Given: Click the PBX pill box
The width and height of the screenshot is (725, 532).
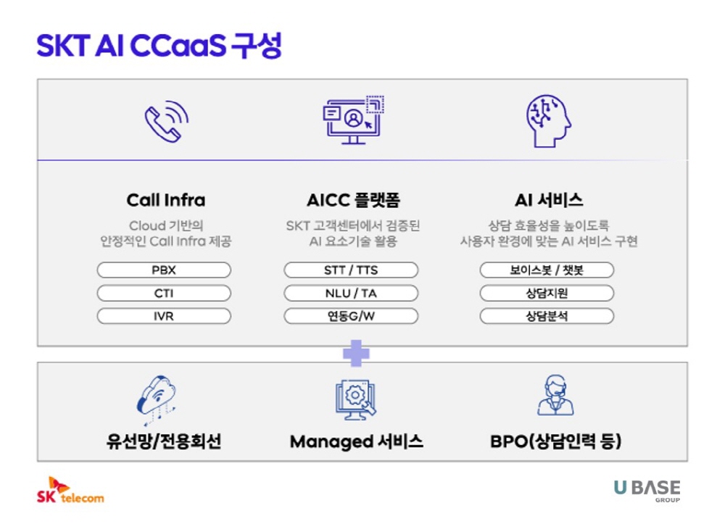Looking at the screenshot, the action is pyautogui.click(x=164, y=270).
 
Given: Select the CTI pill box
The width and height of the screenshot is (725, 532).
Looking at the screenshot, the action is pyautogui.click(x=164, y=293).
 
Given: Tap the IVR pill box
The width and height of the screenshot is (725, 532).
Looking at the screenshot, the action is pyautogui.click(x=164, y=316).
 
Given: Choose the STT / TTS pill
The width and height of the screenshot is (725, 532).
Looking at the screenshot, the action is pyautogui.click(x=351, y=270).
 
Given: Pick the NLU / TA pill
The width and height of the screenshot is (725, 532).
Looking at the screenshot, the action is pyautogui.click(x=351, y=293).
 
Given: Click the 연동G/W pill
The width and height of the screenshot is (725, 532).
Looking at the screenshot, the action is pyautogui.click(x=351, y=316).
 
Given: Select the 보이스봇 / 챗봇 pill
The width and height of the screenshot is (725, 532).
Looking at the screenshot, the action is pyautogui.click(x=547, y=270).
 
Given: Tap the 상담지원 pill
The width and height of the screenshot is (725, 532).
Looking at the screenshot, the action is pyautogui.click(x=547, y=293).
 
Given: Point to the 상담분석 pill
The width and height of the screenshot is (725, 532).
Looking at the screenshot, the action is pyautogui.click(x=547, y=316).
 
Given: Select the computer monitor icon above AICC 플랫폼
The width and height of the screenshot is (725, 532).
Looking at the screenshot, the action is pyautogui.click(x=353, y=120).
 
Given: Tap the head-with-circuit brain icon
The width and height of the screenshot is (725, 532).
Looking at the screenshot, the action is pyautogui.click(x=548, y=121).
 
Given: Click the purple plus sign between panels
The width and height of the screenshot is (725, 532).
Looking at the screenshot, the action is pyautogui.click(x=356, y=353).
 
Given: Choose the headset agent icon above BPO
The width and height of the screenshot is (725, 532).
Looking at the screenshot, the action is pyautogui.click(x=555, y=395).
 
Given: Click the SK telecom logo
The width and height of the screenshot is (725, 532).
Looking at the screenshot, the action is pyautogui.click(x=70, y=491).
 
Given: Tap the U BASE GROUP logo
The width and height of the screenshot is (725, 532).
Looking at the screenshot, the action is pyautogui.click(x=647, y=491).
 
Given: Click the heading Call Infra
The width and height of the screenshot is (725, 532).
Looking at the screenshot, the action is pyautogui.click(x=166, y=200).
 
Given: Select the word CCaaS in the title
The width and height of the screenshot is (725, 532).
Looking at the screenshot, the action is pyautogui.click(x=178, y=46).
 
